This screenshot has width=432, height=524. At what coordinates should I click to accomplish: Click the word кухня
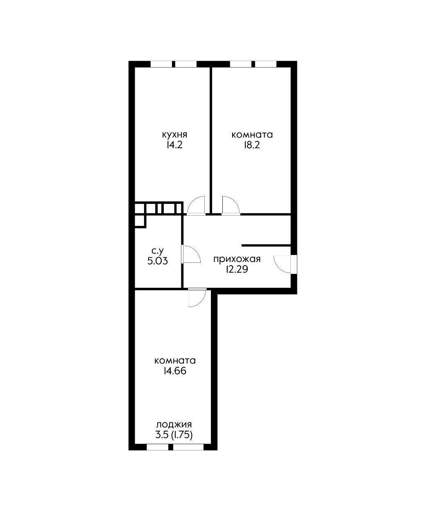coord(174,135)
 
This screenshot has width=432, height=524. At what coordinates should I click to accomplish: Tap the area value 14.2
coord(174,145)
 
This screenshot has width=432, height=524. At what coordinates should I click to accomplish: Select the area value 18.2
coord(252,145)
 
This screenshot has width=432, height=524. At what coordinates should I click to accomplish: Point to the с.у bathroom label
coord(158,251)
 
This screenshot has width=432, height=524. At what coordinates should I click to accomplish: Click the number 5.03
coord(158,261)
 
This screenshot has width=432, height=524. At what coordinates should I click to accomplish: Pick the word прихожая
coord(237,259)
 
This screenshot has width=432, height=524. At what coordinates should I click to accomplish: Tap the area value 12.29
coord(237,269)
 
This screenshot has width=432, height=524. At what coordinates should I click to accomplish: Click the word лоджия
coord(174,425)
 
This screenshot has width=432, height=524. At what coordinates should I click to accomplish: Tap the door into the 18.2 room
coord(231,205)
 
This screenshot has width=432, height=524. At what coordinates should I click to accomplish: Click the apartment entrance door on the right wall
coord(283,264)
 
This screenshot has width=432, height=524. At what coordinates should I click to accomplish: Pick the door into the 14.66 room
coord(197,298)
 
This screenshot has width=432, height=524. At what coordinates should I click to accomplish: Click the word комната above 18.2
coord(252,135)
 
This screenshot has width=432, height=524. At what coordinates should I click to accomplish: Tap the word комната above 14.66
coord(175,361)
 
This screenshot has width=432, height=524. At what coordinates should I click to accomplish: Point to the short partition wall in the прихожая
coord(266,245)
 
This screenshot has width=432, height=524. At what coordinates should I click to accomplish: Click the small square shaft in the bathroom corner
coord(140,221)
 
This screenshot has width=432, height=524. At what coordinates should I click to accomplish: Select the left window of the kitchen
coord(161,64)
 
